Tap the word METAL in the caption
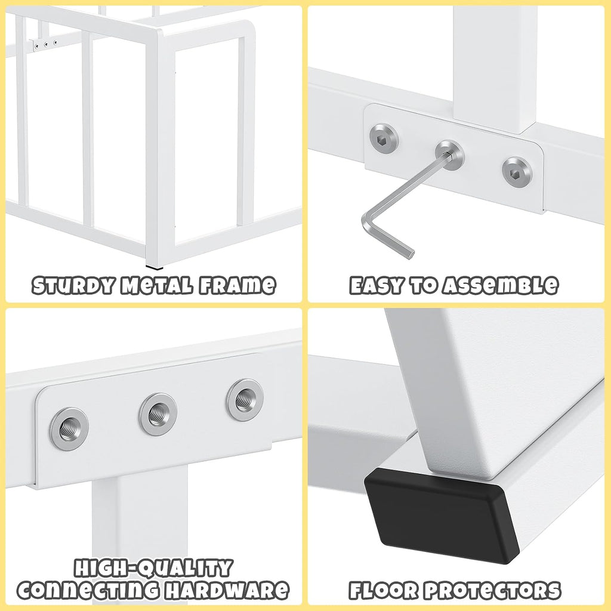point(156,285)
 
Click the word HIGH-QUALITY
point(153,568)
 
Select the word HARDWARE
point(227,590)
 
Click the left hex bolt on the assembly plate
point(384,137)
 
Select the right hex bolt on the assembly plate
point(517,172)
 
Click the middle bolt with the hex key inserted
point(450,155)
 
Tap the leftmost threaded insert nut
point(69,428)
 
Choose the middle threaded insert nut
point(158,414)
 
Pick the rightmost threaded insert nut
point(245,399)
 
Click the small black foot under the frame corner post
point(155,267)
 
